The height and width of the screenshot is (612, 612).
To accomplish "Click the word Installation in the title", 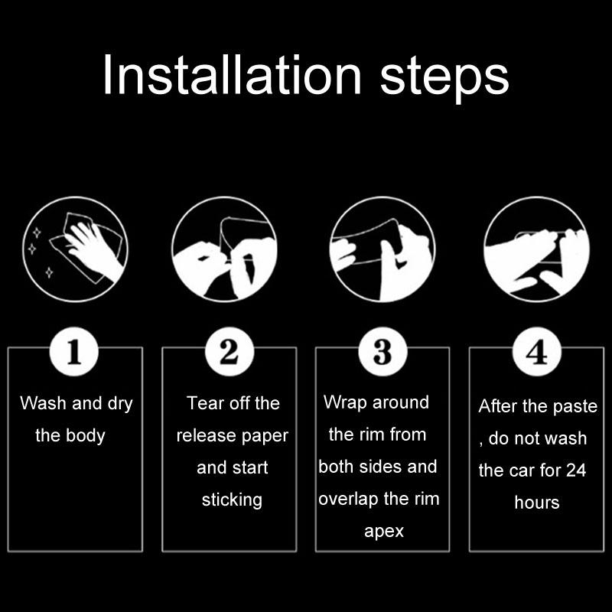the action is point(233,74).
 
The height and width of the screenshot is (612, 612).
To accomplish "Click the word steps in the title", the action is point(444,79).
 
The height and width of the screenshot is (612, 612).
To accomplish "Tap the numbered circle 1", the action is point(73,352).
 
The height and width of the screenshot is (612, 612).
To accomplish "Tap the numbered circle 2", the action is point(229,352).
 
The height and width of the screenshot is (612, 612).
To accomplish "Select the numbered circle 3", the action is point(382,352).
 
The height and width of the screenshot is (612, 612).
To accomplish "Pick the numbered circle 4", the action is point(537,352).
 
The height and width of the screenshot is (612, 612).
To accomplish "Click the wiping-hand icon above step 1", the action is point(75,249).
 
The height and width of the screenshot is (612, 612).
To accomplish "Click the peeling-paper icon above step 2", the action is point(224,249).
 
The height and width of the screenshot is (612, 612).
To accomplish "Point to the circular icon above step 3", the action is point(382,249).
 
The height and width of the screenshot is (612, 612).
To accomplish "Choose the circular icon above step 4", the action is point(537,249).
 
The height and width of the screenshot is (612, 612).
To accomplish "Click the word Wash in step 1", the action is point(43,403).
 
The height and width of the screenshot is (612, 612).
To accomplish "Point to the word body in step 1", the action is point(85,436).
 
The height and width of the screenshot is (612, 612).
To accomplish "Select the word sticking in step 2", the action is point(232,500).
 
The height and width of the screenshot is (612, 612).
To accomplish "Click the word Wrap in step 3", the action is point(346,403).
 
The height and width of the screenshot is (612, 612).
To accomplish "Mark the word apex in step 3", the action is point(384,532).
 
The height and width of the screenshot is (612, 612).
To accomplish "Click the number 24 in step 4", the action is point(576,470).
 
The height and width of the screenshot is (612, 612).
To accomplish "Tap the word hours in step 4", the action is point(537,503).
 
